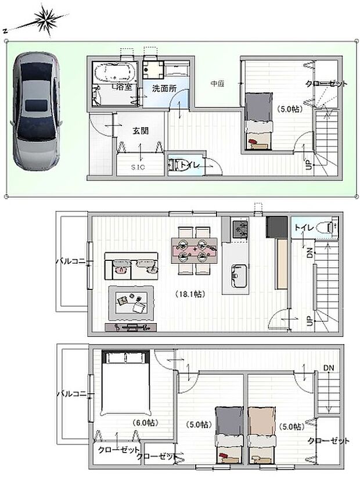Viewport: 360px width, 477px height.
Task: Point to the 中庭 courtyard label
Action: [217, 84]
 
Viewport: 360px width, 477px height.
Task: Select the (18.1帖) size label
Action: [188, 293]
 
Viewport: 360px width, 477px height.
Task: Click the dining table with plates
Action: [195, 248]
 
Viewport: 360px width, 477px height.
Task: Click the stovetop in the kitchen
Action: [238, 229]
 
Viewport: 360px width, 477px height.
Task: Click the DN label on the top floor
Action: [328, 367]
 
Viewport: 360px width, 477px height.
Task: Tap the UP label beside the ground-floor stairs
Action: [309, 165]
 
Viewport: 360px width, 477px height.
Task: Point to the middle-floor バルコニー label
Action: [71, 261]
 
